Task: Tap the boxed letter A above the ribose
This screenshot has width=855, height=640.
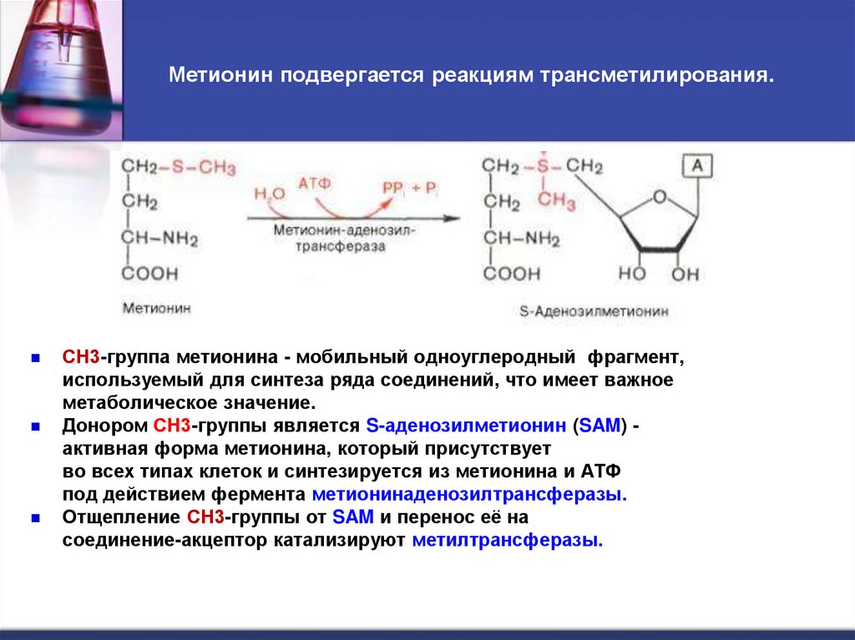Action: (698, 166)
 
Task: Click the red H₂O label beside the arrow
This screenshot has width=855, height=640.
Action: (270, 194)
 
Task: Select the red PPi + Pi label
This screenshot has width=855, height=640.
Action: (410, 188)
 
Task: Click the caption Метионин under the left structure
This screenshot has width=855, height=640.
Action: (157, 308)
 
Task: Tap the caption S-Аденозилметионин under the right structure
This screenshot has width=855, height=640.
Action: (594, 312)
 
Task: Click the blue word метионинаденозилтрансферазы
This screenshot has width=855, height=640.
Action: (470, 493)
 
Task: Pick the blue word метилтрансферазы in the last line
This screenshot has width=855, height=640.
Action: (508, 540)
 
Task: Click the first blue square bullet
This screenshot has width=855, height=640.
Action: (36, 358)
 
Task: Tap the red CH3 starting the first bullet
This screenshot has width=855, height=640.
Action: (81, 358)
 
